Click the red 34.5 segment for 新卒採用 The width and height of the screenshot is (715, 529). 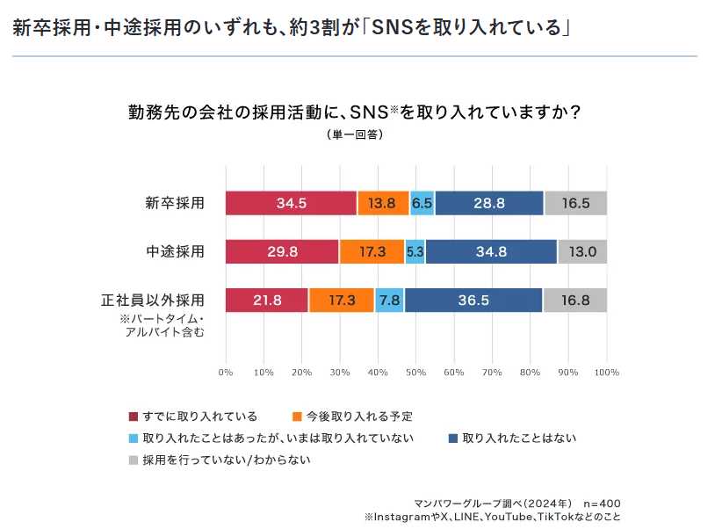(x=291, y=203)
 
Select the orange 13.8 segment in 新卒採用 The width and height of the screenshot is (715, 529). (x=383, y=203)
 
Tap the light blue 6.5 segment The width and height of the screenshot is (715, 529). (x=422, y=203)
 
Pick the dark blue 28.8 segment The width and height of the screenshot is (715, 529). (x=489, y=203)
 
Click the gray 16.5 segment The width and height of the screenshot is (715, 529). (x=575, y=203)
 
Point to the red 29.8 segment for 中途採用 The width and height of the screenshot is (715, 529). (x=282, y=251)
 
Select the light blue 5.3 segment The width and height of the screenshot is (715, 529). (x=415, y=251)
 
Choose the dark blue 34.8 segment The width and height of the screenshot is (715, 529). (x=491, y=251)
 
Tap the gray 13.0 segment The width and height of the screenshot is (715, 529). (x=582, y=251)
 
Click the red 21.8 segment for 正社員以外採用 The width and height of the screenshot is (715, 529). (x=267, y=300)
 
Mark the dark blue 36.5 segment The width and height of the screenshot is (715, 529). (x=473, y=300)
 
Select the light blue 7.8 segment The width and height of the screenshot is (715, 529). (x=389, y=300)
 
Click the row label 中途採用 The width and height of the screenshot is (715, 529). (x=176, y=251)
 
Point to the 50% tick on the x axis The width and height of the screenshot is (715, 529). (x=415, y=373)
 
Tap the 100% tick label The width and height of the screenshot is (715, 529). (x=606, y=373)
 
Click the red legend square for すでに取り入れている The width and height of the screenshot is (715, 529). (x=134, y=417)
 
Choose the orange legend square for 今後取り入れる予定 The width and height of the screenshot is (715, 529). (x=298, y=417)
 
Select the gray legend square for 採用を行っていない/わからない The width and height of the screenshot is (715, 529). (x=134, y=460)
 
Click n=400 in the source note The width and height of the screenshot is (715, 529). (x=602, y=504)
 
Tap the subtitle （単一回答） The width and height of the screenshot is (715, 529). (x=356, y=134)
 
